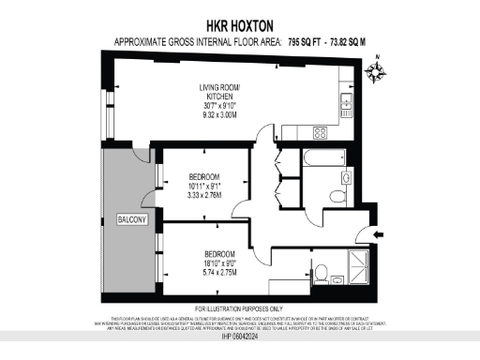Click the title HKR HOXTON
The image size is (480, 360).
pos(240,26)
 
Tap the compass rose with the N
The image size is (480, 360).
pos(377,70)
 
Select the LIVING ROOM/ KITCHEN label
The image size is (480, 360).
pos(218,93)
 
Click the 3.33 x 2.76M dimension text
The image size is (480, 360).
pos(203,197)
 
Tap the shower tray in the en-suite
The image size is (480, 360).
pos(357,266)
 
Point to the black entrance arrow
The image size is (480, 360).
pos(378,234)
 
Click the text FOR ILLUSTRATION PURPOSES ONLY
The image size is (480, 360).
pos(240,308)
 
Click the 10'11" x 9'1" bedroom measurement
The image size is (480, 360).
pos(203,187)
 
